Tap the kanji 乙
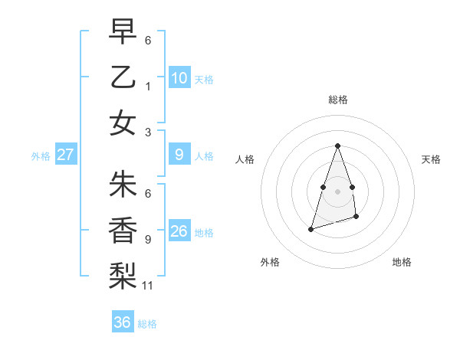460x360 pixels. click(123, 77)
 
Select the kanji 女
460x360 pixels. click(123, 123)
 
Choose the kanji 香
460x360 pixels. click(123, 230)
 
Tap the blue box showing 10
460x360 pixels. click(179, 77)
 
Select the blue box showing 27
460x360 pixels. click(66, 155)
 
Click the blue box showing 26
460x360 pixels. click(179, 231)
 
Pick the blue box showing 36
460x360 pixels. click(123, 322)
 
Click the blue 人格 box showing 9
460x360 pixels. click(179, 155)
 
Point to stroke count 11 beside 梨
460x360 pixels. click(148, 286)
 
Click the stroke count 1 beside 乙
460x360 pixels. click(147, 87)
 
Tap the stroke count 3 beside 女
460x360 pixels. click(147, 132)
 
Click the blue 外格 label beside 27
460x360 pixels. click(41, 155)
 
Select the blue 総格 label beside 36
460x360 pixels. click(147, 324)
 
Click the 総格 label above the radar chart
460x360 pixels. click(337, 100)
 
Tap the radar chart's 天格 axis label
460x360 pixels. click(432, 159)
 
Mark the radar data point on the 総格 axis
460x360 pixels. click(337, 146)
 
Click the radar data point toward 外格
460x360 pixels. click(310, 229)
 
